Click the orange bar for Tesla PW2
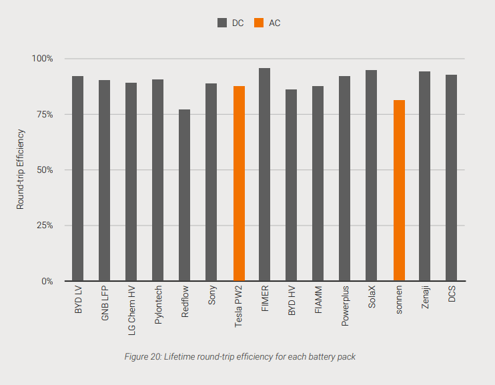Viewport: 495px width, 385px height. point(238,183)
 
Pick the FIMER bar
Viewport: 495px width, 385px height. point(265,174)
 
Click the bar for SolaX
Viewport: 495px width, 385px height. point(372,175)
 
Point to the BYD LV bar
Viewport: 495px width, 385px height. point(78,178)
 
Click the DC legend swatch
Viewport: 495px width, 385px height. point(222,23)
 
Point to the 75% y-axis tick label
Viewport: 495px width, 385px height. point(44,114)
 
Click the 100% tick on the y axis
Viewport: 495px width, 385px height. point(43,59)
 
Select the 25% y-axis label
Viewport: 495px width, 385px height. point(44,226)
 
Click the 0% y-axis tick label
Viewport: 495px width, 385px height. point(47,281)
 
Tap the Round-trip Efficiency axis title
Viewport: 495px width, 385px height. point(21,169)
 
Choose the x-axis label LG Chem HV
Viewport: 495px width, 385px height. point(131,310)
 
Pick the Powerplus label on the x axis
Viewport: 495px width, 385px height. point(345,307)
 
